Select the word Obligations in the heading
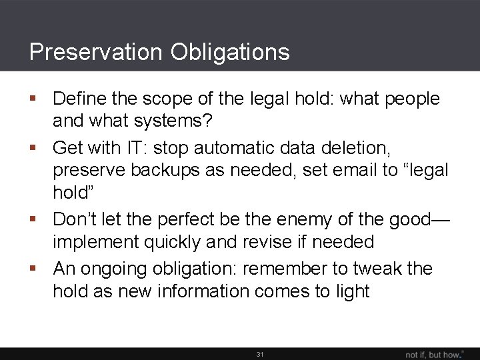click(x=230, y=52)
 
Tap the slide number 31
click(x=260, y=354)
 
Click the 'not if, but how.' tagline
click(x=435, y=354)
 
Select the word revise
click(x=281, y=241)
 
